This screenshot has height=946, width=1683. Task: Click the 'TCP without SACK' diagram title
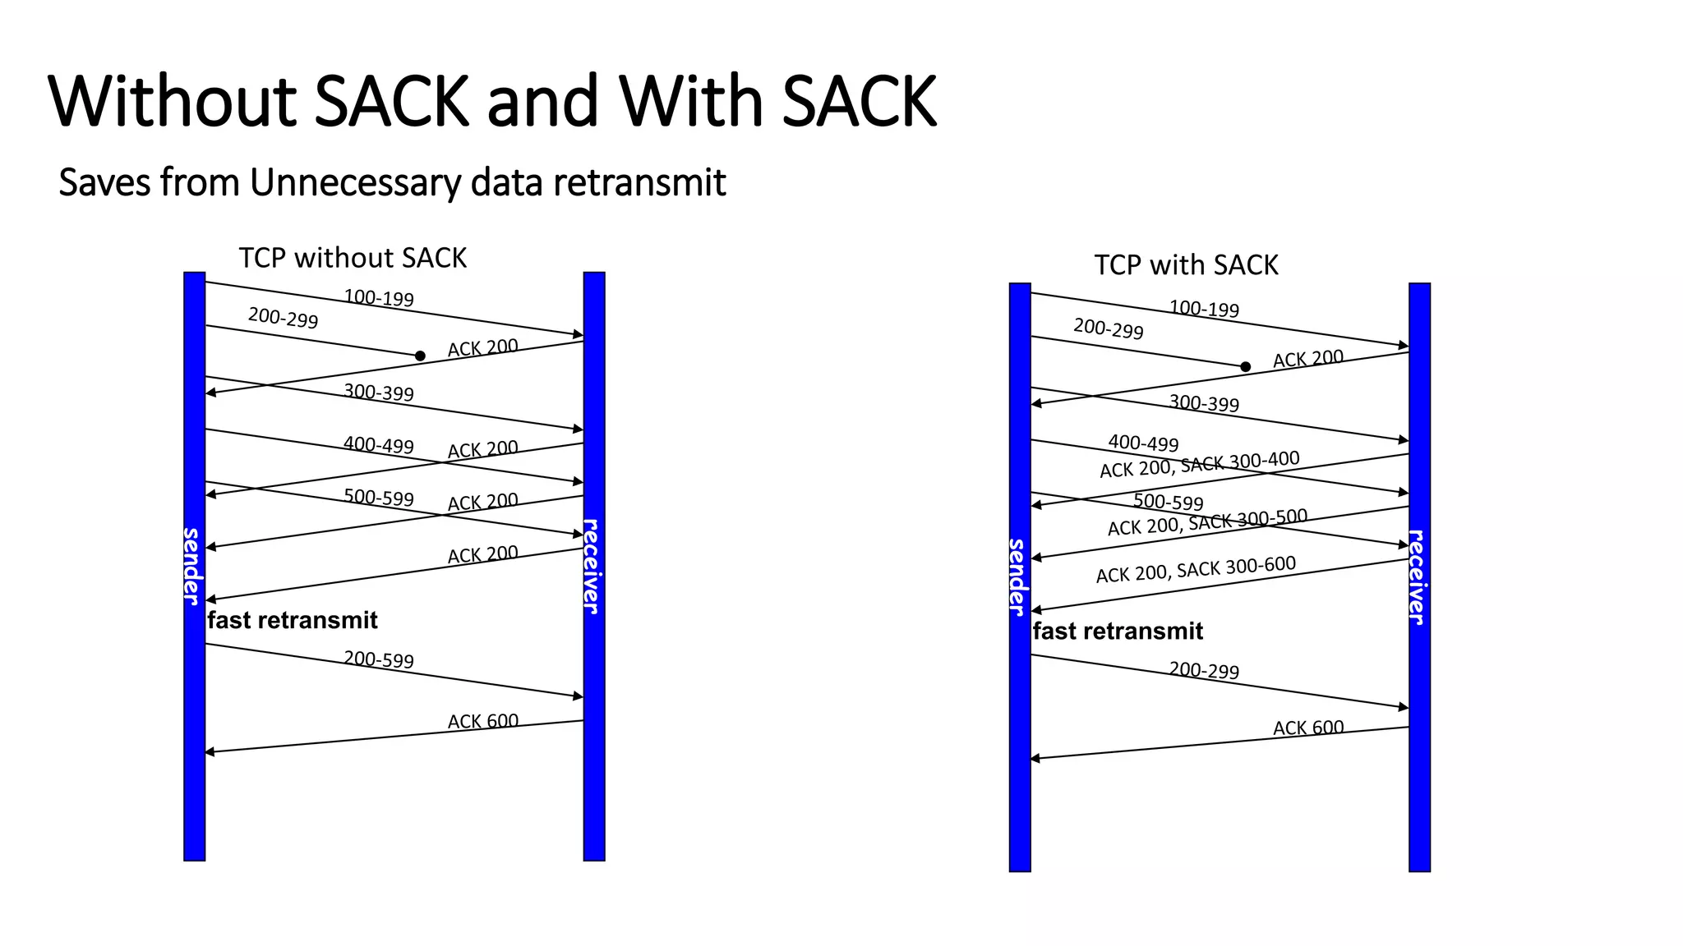(x=353, y=258)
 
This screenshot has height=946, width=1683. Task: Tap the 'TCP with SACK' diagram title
(x=1186, y=265)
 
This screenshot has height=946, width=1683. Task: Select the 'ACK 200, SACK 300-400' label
(x=1200, y=465)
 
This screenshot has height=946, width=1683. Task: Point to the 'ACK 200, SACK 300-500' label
(x=1207, y=522)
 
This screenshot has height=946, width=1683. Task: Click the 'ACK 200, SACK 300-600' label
(x=1196, y=569)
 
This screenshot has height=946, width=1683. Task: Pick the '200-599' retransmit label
(x=379, y=659)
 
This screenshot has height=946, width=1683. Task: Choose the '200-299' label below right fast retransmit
(x=1204, y=670)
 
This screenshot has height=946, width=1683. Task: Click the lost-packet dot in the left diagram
(x=420, y=356)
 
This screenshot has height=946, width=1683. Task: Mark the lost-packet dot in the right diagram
(x=1245, y=367)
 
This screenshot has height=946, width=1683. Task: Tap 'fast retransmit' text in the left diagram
(x=293, y=620)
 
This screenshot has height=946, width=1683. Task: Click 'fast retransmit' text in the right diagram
(x=1118, y=631)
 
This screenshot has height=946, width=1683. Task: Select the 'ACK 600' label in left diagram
(x=483, y=721)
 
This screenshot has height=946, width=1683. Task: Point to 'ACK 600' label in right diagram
(x=1308, y=728)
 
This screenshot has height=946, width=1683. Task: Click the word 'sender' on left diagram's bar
(x=192, y=567)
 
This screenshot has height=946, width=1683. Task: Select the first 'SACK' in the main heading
(x=391, y=101)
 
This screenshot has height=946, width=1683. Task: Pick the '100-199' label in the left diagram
(x=379, y=297)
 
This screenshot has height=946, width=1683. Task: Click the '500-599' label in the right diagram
(x=1169, y=501)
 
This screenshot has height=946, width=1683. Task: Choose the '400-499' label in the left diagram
(x=379, y=444)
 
